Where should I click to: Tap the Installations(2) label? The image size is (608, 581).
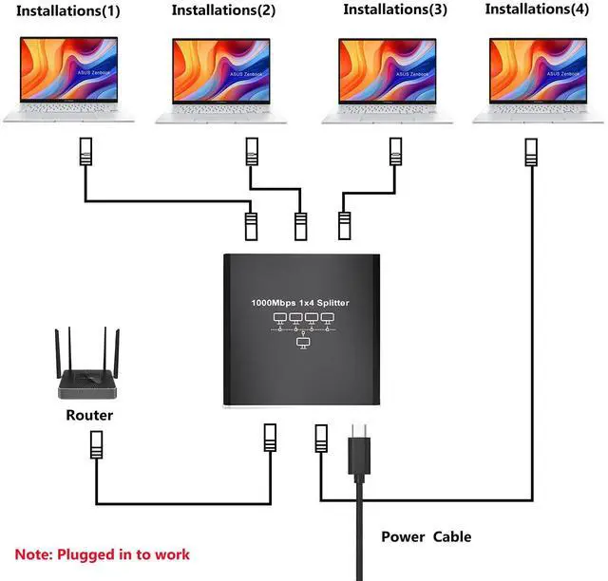click(223, 10)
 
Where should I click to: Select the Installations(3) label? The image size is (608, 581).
click(394, 10)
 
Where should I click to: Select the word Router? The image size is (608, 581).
click(89, 416)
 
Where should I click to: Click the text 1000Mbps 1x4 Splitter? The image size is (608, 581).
click(300, 302)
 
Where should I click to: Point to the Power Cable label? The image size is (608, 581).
click(426, 536)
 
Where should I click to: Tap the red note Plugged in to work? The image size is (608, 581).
click(103, 554)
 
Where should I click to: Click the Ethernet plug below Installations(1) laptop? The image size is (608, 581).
click(85, 153)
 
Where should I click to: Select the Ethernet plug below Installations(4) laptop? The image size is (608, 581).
click(529, 153)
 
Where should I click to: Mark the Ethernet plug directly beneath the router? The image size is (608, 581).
click(96, 444)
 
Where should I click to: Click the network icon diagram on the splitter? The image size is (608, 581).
click(301, 328)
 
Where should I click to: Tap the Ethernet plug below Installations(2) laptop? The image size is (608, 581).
click(252, 153)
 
